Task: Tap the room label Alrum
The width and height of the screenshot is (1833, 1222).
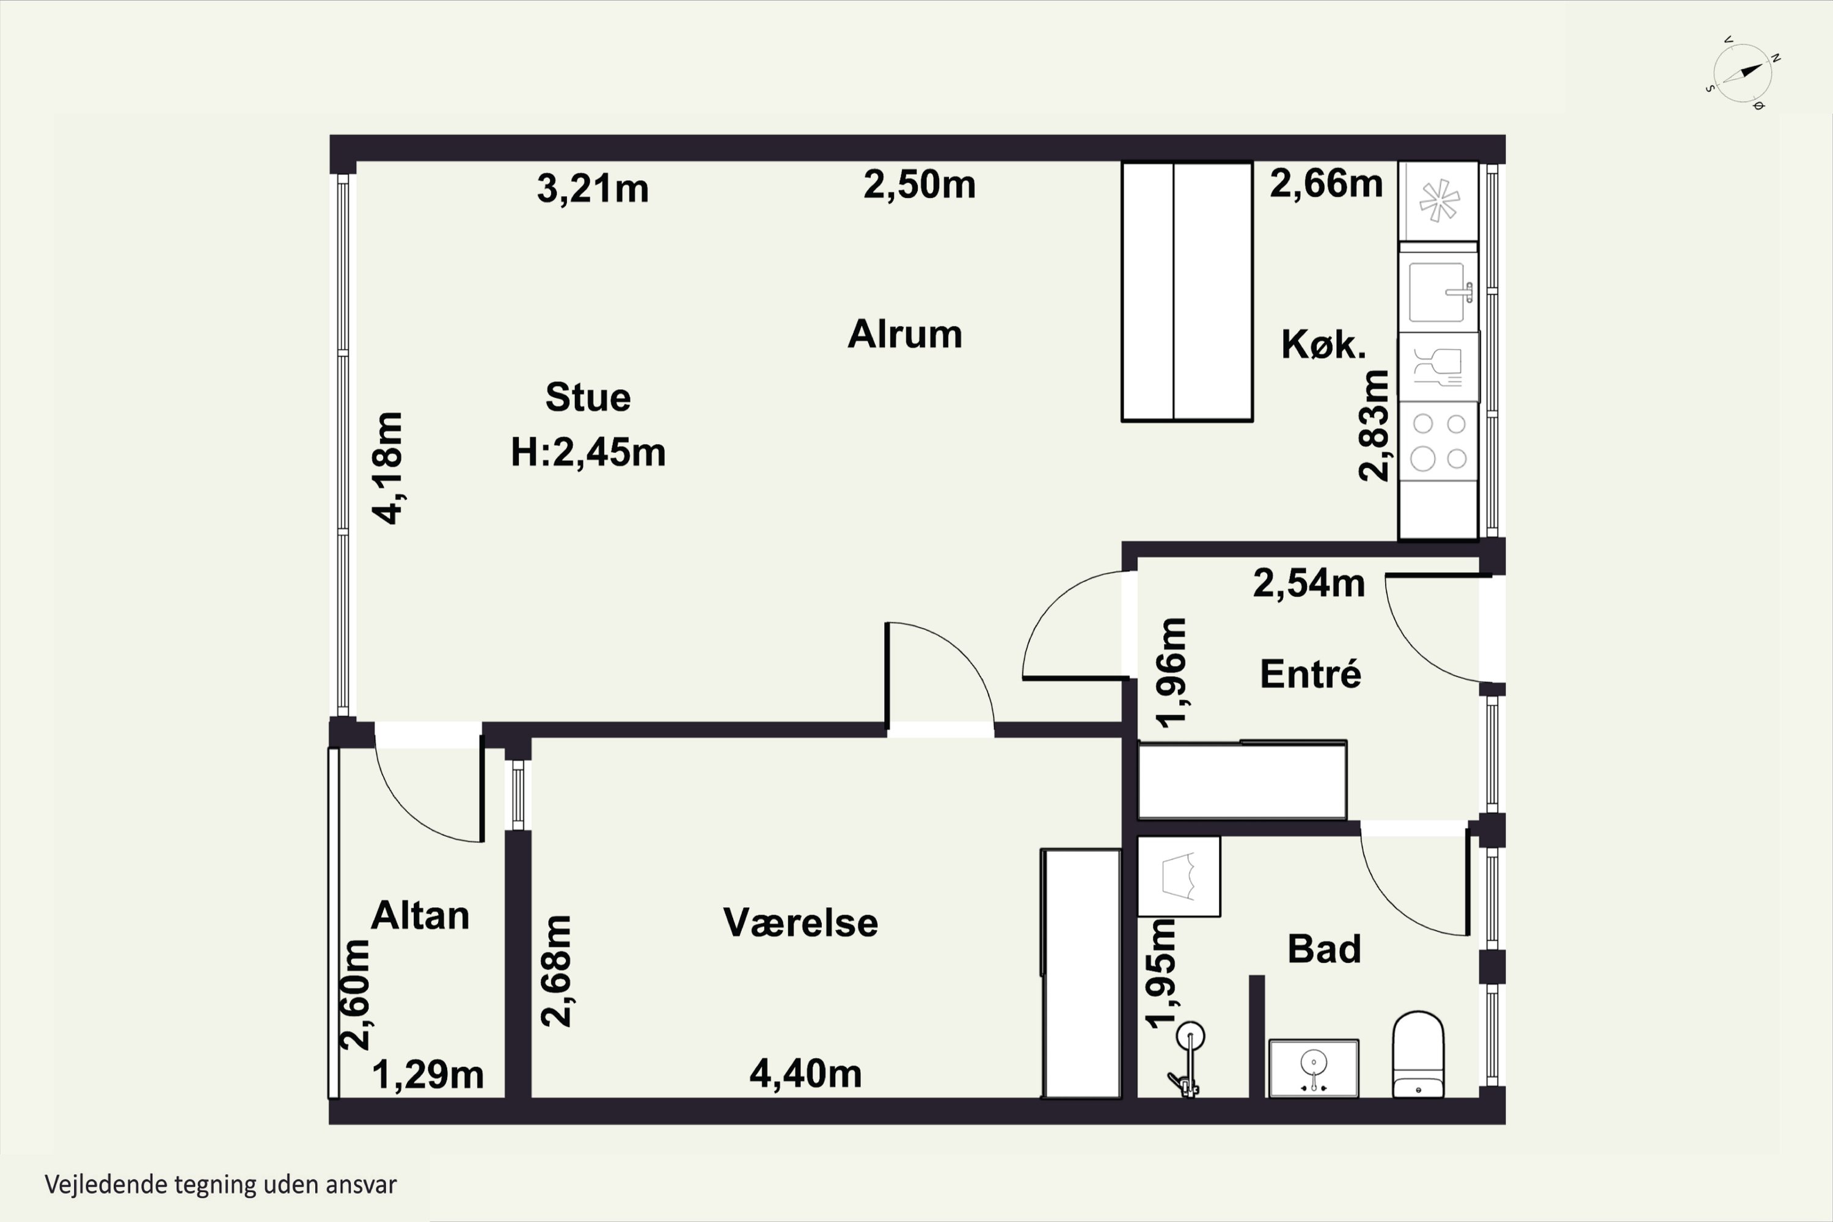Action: click(x=905, y=334)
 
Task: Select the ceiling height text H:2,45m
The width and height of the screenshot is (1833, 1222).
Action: click(x=588, y=452)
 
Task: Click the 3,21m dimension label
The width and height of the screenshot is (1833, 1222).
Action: click(x=592, y=189)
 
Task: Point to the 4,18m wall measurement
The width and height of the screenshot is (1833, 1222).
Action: click(x=387, y=467)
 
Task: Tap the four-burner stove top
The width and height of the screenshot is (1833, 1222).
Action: click(x=1439, y=441)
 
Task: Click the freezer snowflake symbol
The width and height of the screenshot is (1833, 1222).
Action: click(x=1439, y=200)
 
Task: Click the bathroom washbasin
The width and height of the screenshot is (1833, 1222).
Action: click(x=1314, y=1067)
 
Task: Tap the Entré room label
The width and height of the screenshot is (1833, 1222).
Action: click(x=1310, y=674)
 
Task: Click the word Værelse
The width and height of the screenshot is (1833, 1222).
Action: click(x=800, y=922)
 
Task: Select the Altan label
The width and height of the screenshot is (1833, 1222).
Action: click(x=420, y=915)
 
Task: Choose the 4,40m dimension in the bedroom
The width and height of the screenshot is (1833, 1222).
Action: click(x=806, y=1074)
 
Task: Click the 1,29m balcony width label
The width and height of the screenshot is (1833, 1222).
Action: click(x=428, y=1075)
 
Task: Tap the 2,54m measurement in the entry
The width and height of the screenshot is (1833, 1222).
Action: click(x=1309, y=583)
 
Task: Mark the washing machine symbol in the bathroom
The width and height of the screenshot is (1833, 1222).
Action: click(x=1179, y=876)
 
